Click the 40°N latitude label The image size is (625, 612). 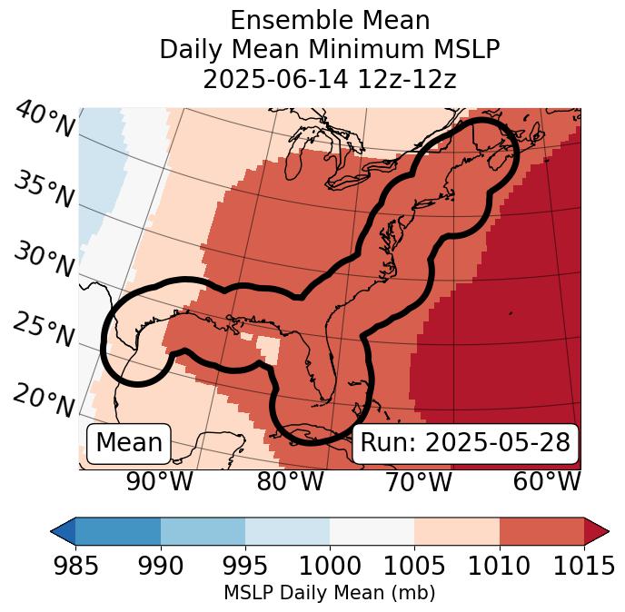click(x=44, y=120)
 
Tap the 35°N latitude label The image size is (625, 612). click(x=44, y=190)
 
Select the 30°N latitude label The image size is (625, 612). click(x=44, y=261)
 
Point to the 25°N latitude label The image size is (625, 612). click(x=44, y=331)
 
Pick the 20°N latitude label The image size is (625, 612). click(x=44, y=400)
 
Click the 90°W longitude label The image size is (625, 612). click(x=160, y=481)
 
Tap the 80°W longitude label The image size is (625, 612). click(x=290, y=481)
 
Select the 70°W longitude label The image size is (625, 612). click(x=418, y=481)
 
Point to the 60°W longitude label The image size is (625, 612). click(x=546, y=481)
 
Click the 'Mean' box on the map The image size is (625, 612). click(x=129, y=443)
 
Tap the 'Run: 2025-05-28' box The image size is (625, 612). click(x=465, y=443)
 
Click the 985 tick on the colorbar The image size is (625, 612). click(x=75, y=567)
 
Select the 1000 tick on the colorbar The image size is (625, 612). click(x=330, y=567)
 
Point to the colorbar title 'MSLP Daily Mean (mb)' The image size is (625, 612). click(x=330, y=593)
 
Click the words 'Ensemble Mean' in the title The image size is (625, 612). click(x=330, y=20)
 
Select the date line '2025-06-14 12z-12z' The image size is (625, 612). click(x=330, y=79)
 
